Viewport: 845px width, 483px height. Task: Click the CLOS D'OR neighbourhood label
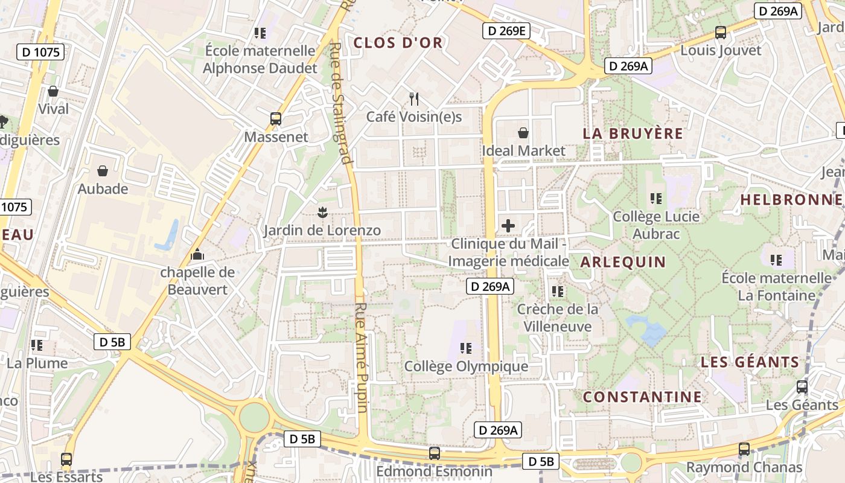coord(398,43)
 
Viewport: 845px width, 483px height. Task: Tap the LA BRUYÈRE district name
coord(633,133)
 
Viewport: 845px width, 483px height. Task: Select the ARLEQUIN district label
coord(623,262)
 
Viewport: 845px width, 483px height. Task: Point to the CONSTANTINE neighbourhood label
coord(642,397)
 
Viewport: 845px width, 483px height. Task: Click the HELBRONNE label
coord(791,200)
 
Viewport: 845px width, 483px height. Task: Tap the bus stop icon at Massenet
coord(276,118)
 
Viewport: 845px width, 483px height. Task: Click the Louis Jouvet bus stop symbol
coord(720,33)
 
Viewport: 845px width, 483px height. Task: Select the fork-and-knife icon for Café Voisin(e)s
coord(414,98)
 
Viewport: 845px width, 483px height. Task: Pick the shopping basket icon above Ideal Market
coord(523,132)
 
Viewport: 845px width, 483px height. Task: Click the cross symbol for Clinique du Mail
coord(508,226)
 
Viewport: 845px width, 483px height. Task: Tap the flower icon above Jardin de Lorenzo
coord(322,212)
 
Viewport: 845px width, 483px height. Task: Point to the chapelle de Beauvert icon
coord(197,254)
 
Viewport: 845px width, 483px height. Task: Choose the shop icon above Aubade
coord(103,171)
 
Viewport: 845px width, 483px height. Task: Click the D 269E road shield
coord(506,31)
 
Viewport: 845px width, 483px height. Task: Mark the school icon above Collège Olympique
coord(465,348)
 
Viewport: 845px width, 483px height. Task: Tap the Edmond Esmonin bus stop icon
coord(434,453)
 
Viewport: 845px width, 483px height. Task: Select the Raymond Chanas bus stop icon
coord(744,449)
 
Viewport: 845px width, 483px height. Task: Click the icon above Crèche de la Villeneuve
coord(558,291)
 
